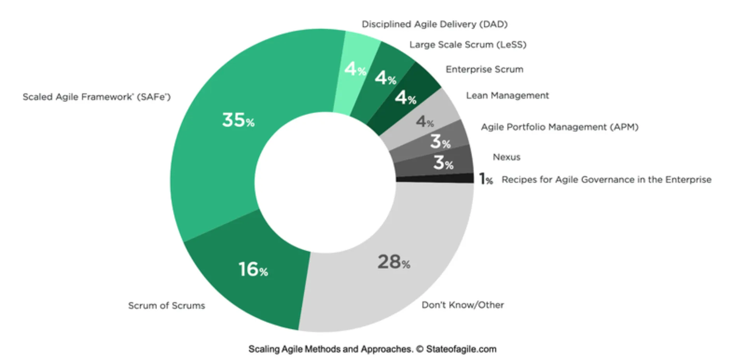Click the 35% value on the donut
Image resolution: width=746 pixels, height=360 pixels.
(238, 120)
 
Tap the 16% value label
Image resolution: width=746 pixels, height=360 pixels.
(253, 269)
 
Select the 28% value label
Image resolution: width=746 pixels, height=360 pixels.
(394, 262)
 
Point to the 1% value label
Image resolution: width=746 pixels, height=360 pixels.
(486, 179)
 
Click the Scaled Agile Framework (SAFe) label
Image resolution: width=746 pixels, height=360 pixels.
(96, 97)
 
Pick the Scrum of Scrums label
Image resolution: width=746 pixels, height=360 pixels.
(166, 306)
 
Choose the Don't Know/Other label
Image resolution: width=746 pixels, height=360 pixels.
(463, 305)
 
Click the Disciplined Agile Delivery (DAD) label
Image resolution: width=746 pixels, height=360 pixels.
(434, 24)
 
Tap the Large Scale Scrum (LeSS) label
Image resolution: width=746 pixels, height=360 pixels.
(468, 45)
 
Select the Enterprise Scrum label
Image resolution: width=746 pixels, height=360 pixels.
(484, 69)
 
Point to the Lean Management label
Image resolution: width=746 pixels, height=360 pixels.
(507, 95)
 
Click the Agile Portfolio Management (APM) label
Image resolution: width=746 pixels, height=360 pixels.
(559, 127)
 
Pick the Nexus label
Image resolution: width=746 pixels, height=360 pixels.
(506, 157)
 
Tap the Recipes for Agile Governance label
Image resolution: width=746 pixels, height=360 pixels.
(606, 180)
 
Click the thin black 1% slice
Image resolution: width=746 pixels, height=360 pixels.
(435, 178)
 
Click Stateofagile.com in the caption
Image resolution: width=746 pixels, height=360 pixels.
(461, 349)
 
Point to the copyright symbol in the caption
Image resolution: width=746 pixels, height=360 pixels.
(420, 349)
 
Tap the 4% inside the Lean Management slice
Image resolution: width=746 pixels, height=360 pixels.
(425, 122)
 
